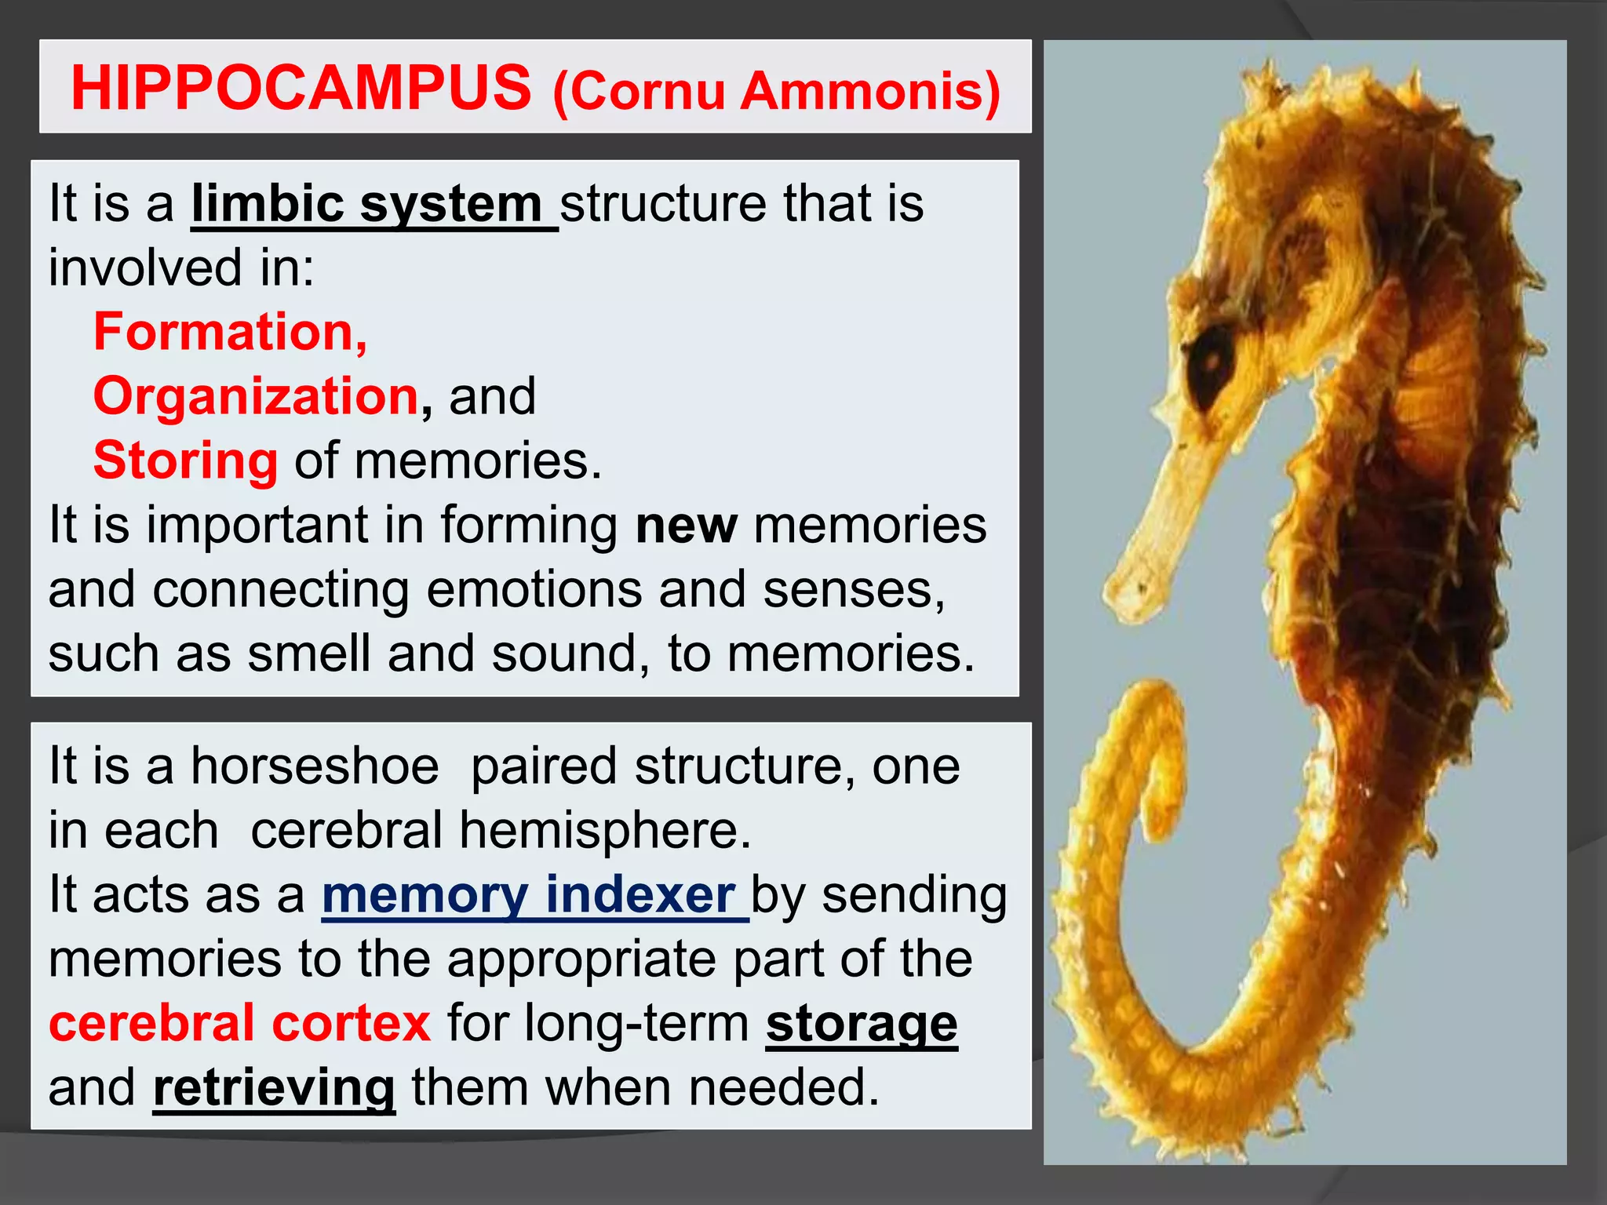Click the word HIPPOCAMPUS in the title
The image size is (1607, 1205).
301,88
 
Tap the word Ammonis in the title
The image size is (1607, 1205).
869,91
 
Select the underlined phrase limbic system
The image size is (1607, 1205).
373,204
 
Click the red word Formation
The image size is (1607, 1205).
229,333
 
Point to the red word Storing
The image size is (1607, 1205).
185,461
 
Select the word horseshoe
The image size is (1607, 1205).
315,766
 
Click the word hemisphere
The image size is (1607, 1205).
604,830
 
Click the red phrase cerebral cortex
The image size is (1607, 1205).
239,1023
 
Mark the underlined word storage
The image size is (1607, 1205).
861,1025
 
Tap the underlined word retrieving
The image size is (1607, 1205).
274,1089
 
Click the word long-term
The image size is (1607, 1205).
636,1025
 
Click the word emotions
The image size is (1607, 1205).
534,589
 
